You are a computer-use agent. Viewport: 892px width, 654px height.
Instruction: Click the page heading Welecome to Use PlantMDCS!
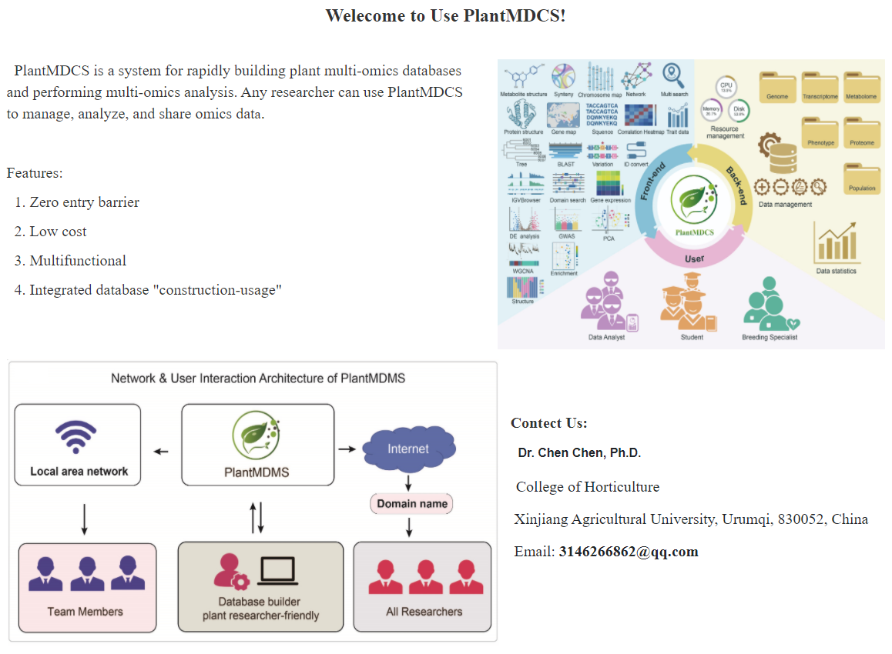[445, 15]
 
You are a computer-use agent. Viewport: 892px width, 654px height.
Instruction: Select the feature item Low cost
[58, 232]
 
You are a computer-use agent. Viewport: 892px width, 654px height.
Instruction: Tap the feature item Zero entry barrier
[84, 202]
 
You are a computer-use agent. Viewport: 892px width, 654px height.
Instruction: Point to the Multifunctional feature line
[78, 261]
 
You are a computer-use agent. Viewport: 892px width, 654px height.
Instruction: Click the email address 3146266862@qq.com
[629, 551]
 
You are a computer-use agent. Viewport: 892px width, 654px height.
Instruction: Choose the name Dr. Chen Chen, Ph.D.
[579, 453]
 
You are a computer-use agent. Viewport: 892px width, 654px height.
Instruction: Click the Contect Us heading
[548, 423]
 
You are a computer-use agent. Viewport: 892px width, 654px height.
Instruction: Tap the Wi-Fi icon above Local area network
[75, 436]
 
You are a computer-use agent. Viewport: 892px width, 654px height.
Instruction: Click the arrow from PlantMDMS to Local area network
[161, 451]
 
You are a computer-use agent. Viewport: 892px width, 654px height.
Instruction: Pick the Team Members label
[85, 612]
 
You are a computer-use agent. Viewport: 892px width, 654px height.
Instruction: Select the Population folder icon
[862, 178]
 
